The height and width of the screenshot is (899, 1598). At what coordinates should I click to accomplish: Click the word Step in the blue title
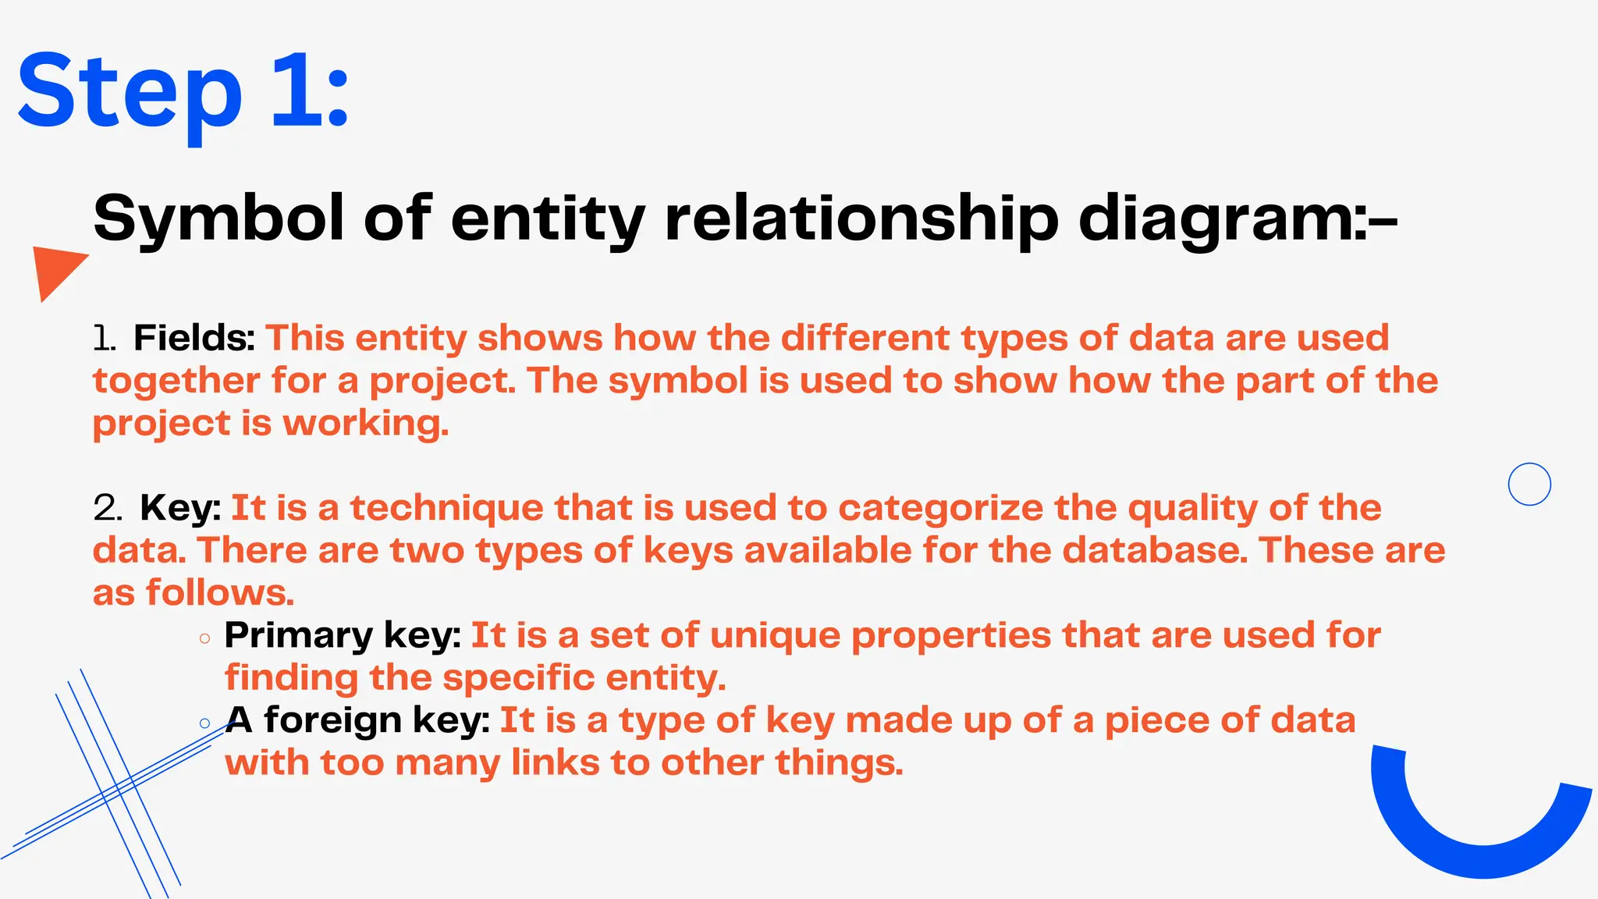(x=130, y=92)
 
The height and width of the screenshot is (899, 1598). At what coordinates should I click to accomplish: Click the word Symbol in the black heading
(x=218, y=219)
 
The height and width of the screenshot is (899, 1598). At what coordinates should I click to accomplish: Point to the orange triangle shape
(x=55, y=269)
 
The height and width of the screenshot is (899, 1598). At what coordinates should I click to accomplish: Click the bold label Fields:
(x=194, y=338)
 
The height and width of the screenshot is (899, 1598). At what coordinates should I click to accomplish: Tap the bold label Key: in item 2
(x=180, y=508)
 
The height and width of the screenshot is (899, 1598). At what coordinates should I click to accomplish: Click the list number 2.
(x=107, y=508)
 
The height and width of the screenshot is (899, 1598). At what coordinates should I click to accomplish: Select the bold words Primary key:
(x=343, y=635)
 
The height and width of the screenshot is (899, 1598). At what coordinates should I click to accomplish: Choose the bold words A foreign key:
(x=357, y=720)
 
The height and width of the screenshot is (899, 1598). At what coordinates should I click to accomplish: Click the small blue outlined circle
(x=1529, y=484)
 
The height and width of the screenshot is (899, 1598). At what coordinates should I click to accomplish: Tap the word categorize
(x=940, y=508)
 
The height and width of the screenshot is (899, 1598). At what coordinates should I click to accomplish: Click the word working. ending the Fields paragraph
(x=365, y=423)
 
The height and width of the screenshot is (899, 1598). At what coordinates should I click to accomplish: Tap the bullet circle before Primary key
(x=204, y=638)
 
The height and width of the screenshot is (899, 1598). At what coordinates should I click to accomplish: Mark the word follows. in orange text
(x=220, y=593)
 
